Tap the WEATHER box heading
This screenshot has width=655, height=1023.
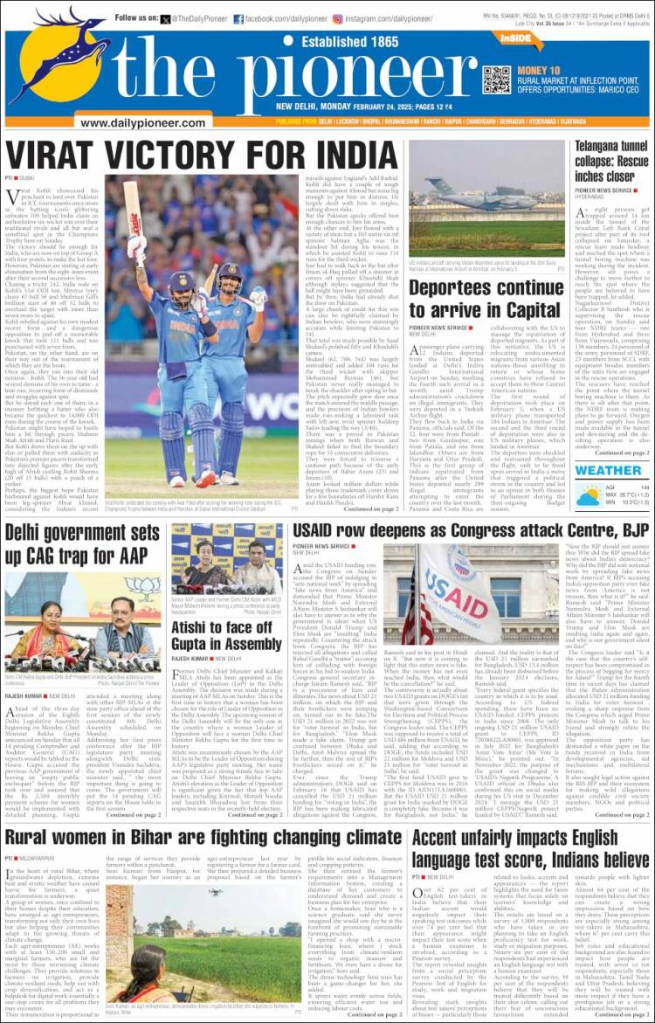(608, 470)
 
